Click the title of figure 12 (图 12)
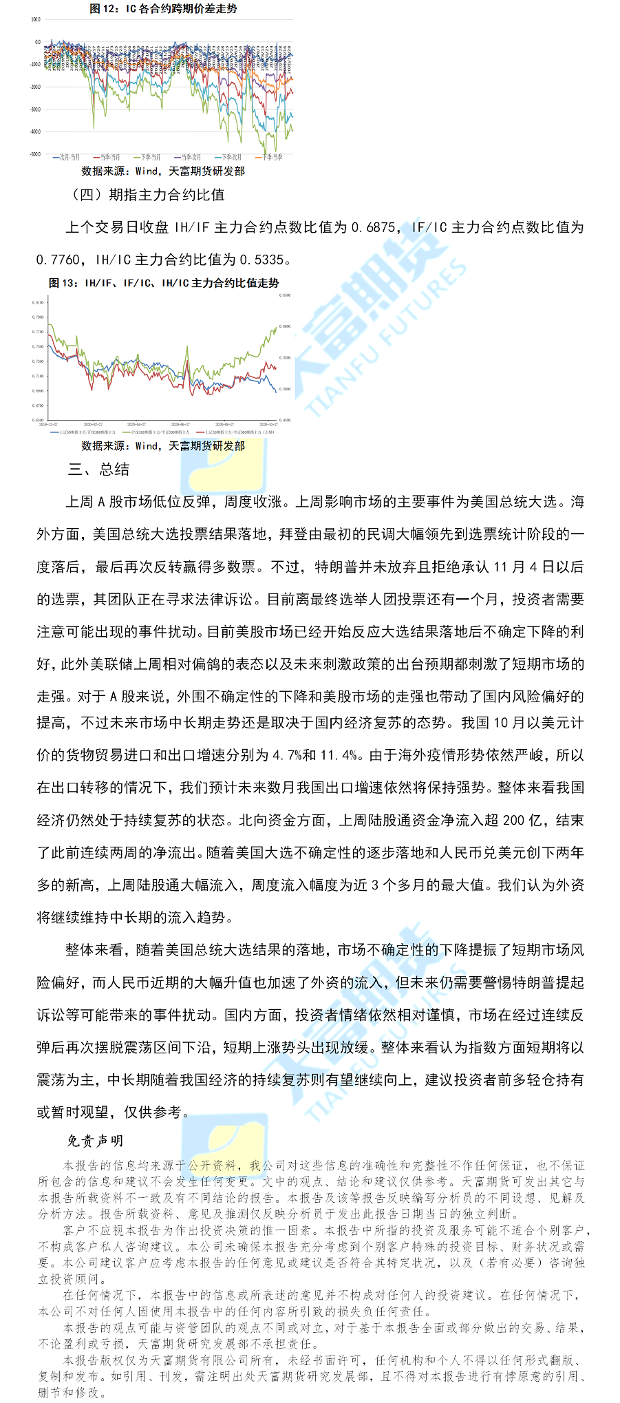point(164,9)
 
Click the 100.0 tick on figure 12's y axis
point(36,20)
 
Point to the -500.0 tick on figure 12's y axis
point(36,154)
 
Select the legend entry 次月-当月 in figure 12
point(67,158)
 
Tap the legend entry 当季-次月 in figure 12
point(187,158)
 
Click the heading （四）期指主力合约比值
point(147,195)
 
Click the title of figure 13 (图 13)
point(164,283)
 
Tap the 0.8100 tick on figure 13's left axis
point(37,302)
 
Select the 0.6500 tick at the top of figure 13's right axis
point(285,295)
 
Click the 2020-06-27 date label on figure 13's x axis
point(180,425)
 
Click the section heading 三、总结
point(99,470)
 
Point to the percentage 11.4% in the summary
point(339,755)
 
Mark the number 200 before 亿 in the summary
point(513,820)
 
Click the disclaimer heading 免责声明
point(95,1141)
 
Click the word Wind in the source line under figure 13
point(146,446)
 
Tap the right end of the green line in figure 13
point(277,326)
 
